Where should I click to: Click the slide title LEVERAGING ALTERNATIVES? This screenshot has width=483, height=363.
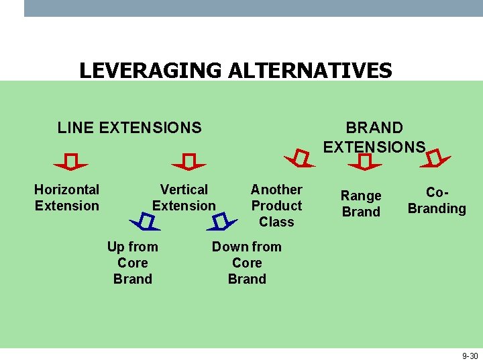(x=235, y=70)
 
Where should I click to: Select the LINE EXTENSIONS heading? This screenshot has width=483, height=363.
(x=129, y=128)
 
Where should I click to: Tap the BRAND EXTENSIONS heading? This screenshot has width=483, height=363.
(x=374, y=137)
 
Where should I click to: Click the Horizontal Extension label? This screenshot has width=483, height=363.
(x=66, y=198)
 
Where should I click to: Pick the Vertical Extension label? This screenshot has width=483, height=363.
(x=184, y=198)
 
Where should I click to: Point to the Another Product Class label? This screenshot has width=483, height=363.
(x=276, y=206)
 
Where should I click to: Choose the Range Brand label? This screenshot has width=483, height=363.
(x=361, y=204)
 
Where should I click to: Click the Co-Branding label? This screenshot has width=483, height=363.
(x=437, y=200)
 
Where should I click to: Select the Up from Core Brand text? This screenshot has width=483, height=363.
(x=133, y=263)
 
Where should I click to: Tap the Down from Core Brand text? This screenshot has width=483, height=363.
(x=247, y=263)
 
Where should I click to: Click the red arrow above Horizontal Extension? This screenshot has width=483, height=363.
(x=71, y=163)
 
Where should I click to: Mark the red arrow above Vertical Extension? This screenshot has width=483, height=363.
(x=189, y=163)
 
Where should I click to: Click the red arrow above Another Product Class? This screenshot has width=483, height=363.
(x=300, y=159)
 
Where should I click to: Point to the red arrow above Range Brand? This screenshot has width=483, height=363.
(x=366, y=161)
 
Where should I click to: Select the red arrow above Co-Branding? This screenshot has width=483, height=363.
(x=437, y=159)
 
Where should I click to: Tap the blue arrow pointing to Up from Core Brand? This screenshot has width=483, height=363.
(x=144, y=220)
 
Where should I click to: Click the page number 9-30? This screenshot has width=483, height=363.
(x=470, y=356)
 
